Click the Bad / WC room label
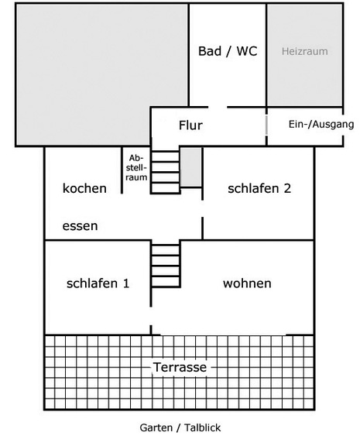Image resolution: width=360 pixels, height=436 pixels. point(228,51)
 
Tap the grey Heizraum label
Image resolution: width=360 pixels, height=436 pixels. point(305,51)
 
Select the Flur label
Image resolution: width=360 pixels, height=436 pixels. point(190,125)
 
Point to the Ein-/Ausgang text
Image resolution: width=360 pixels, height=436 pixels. point(321,124)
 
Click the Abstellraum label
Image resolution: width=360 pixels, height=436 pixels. point(136,168)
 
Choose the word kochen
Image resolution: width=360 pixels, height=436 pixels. point(84,188)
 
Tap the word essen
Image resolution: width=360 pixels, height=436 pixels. point(80,226)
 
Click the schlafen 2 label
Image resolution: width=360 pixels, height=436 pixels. point(259,188)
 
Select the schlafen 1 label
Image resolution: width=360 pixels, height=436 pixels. point(98,283)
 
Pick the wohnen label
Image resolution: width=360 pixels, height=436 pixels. point(247,283)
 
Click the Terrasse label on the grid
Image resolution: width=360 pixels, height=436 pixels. point(180,367)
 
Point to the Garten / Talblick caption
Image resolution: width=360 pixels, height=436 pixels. point(180,427)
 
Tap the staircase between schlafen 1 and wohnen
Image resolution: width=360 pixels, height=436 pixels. point(166,266)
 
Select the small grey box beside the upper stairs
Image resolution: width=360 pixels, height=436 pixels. point(190,167)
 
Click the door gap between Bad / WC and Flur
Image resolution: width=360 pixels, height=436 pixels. point(218,107)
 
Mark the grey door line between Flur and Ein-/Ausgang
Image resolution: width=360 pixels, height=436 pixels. point(266,125)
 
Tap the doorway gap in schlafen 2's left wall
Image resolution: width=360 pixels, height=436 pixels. point(202,208)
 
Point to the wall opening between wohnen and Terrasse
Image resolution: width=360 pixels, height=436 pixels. point(223,335)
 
